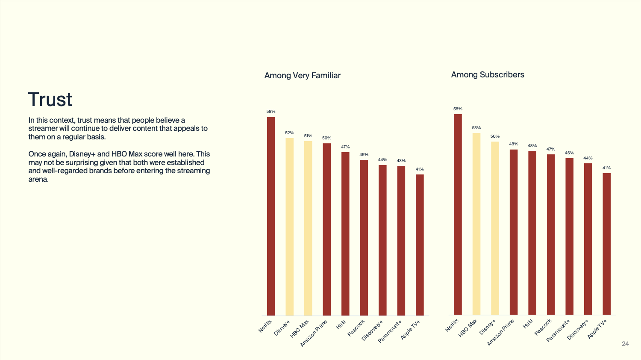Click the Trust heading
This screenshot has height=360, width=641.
click(50, 100)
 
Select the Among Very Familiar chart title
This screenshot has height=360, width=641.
click(302, 76)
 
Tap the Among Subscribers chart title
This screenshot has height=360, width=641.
click(488, 75)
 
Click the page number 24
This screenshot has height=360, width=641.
click(625, 344)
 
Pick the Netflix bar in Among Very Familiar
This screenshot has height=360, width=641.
click(271, 216)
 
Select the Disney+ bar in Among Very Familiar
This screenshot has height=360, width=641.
click(289, 227)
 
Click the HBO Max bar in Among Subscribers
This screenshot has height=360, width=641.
click(476, 224)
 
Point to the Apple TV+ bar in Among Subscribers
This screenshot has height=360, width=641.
click(606, 244)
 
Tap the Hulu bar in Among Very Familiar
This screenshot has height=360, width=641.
click(345, 233)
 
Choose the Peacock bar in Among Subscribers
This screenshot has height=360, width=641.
click(551, 234)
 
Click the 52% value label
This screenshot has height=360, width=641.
click(289, 133)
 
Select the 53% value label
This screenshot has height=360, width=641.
click(476, 128)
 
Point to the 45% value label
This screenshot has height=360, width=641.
click(364, 155)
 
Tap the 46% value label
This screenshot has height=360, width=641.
click(569, 153)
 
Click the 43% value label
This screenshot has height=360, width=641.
click(401, 161)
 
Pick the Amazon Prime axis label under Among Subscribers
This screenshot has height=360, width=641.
click(501, 333)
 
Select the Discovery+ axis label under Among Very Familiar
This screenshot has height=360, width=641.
click(372, 330)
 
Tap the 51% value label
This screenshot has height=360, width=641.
click(308, 136)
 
